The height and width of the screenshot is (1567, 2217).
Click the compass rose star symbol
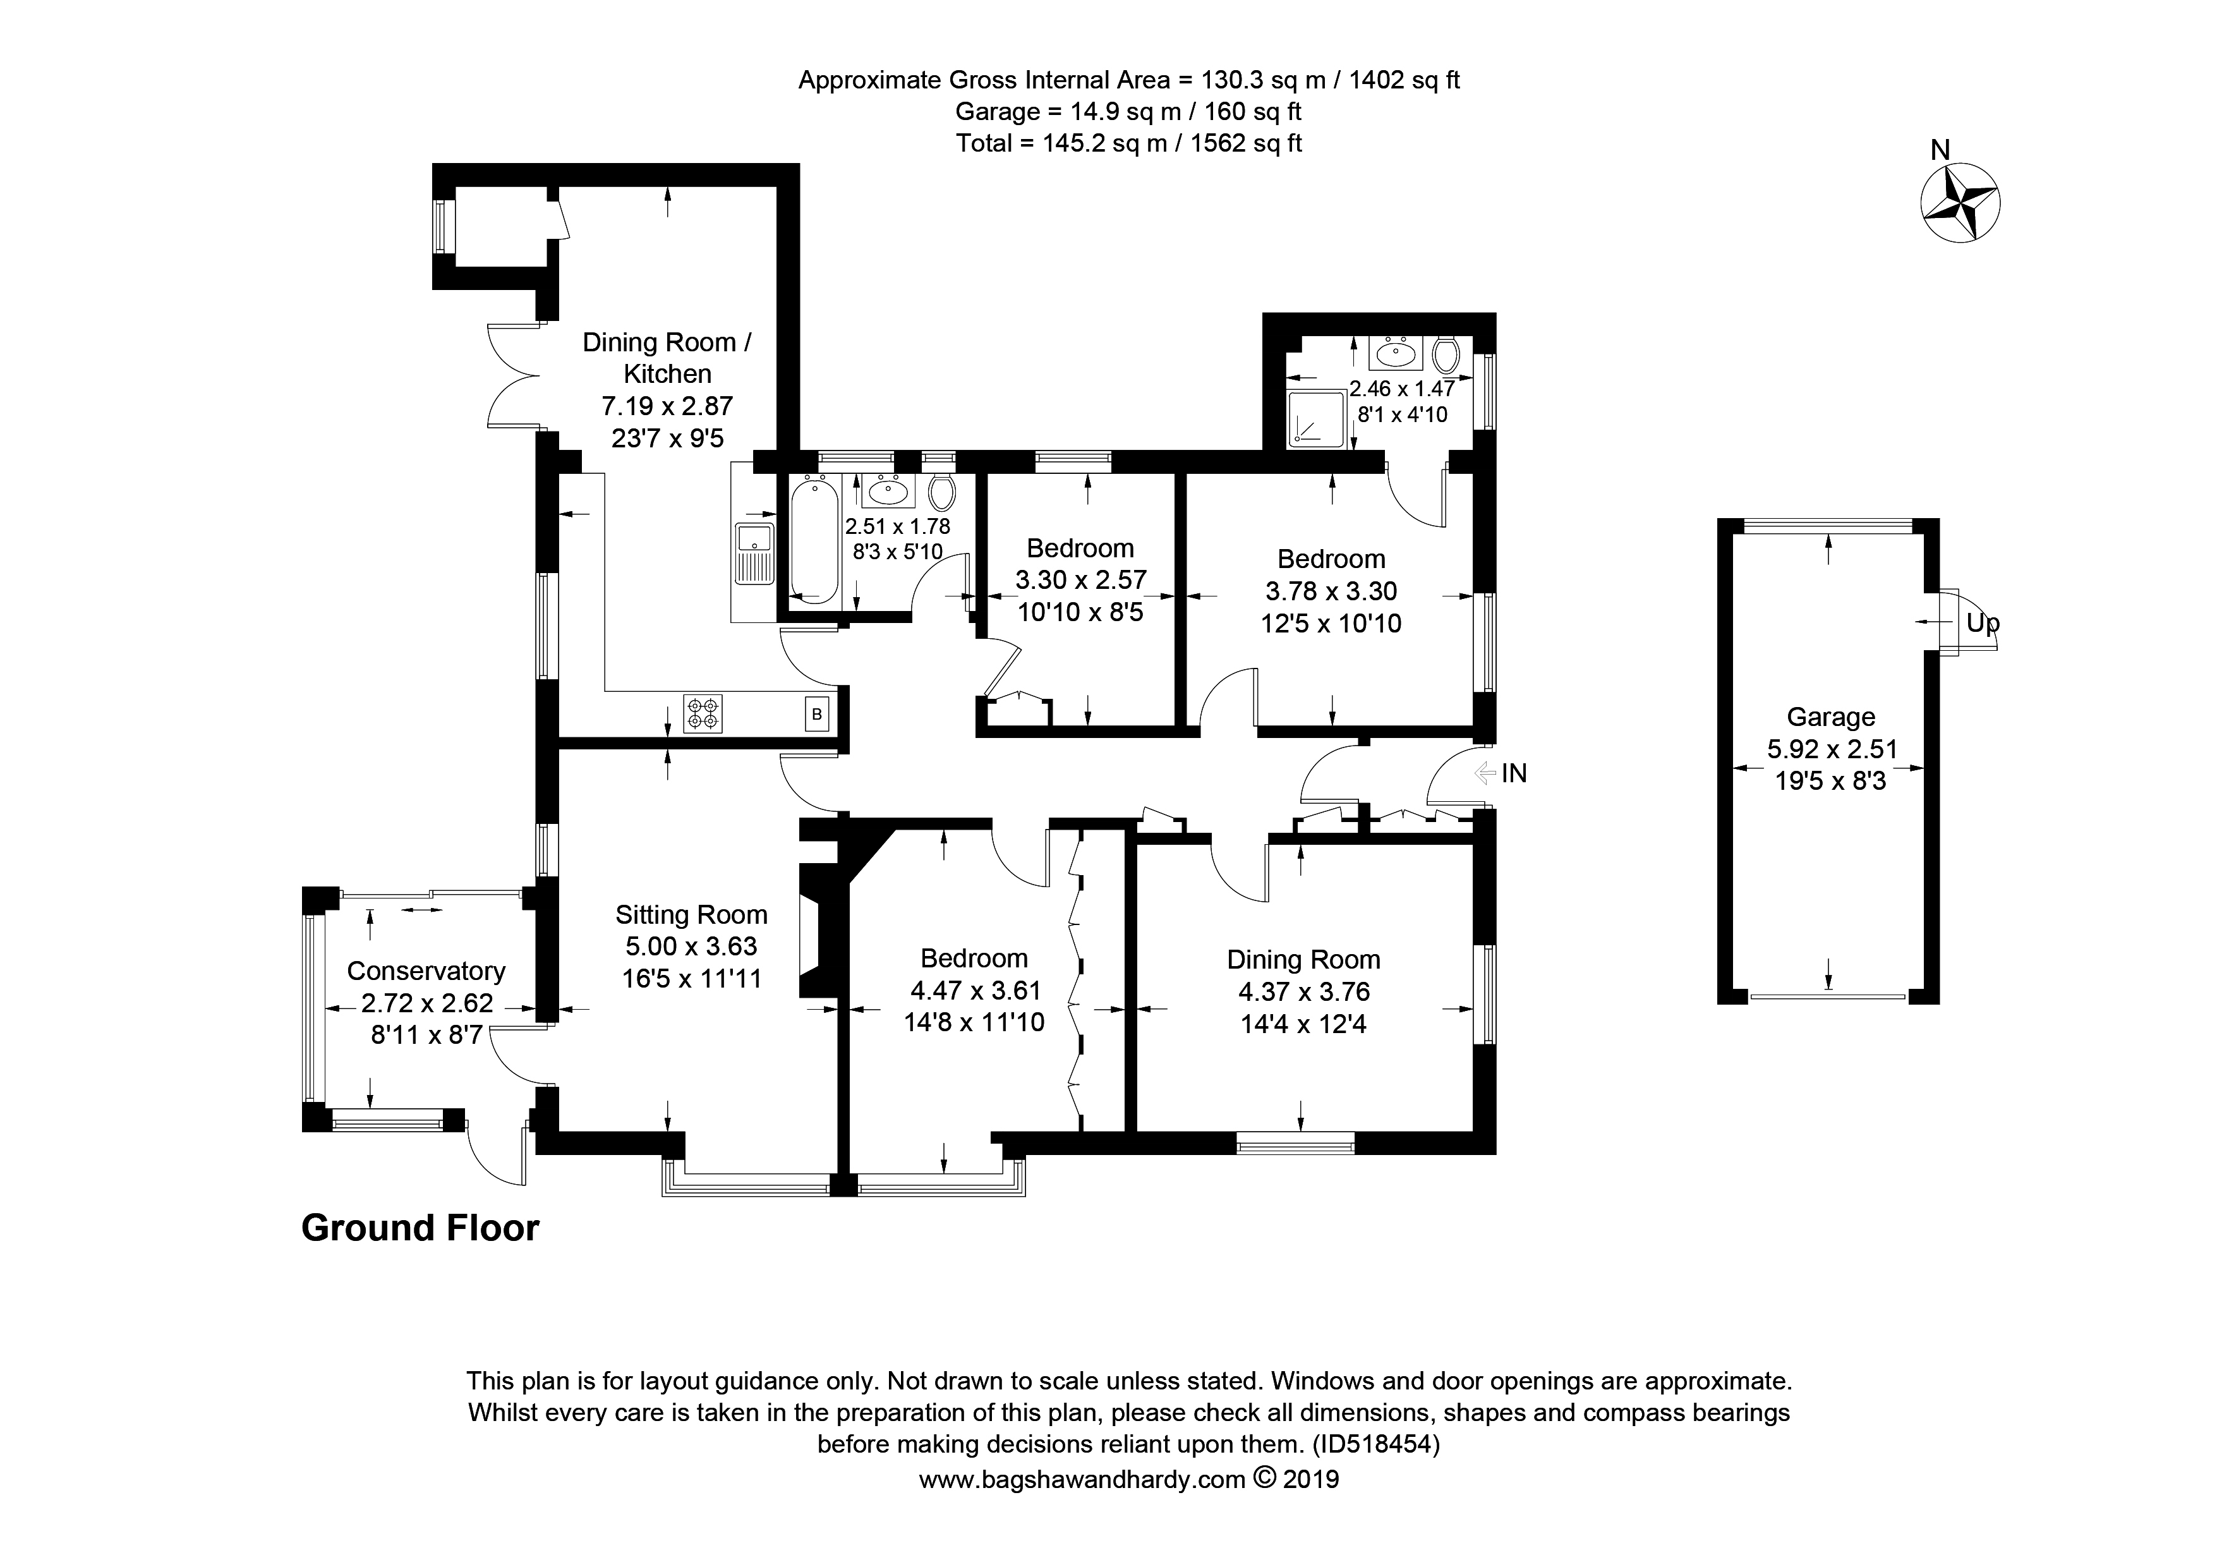pos(1959,203)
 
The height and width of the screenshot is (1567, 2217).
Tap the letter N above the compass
pos(1940,150)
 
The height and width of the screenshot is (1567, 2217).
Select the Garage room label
pos(1831,717)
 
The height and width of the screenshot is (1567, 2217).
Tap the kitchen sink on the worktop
pos(753,554)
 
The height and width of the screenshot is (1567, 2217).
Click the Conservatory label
pos(426,971)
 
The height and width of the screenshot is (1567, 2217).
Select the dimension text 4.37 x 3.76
pos(1305,991)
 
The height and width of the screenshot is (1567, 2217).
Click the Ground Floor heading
pos(420,1228)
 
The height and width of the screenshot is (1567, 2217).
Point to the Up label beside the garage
pos(1983,624)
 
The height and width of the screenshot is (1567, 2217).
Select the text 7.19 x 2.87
pos(667,406)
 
